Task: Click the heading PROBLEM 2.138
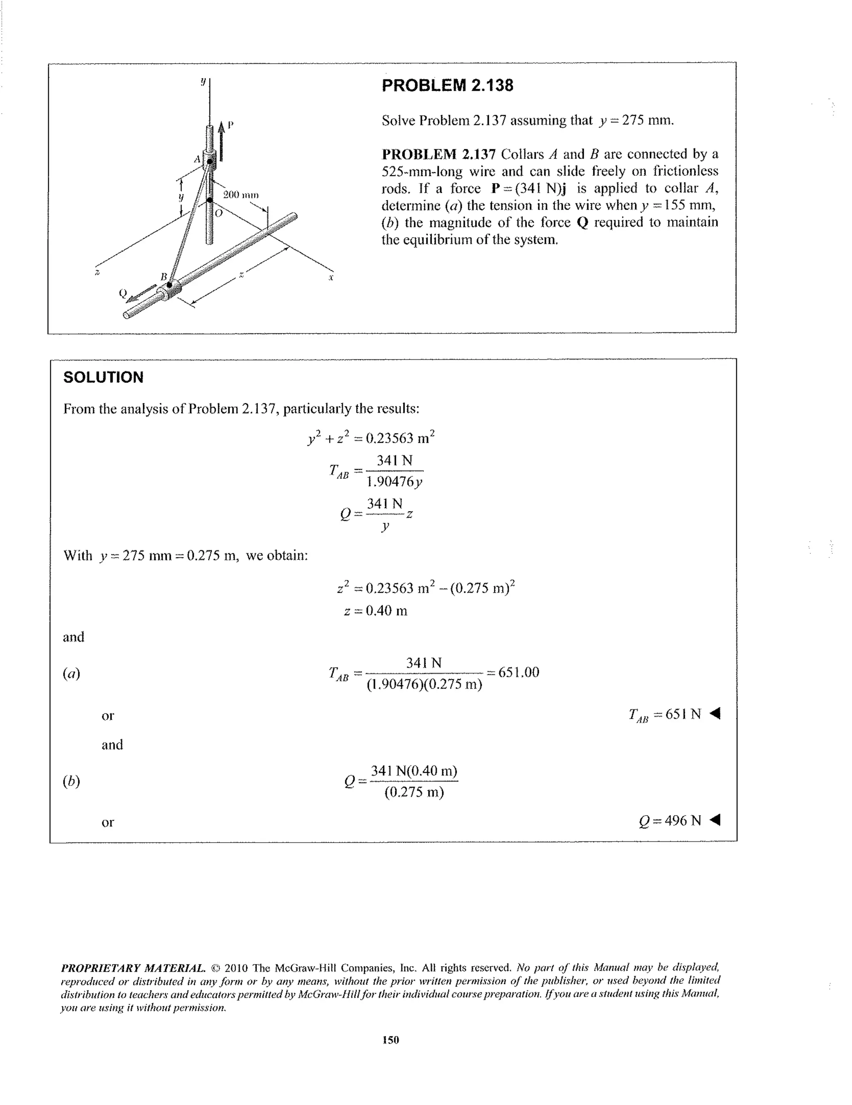[x=447, y=86]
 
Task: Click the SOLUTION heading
[x=103, y=377]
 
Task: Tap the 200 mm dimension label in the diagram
[x=241, y=195]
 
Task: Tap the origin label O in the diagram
[x=219, y=214]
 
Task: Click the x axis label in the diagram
[x=331, y=278]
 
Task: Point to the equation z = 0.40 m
[x=375, y=611]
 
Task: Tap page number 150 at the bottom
[x=390, y=1040]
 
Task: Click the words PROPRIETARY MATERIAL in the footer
[x=133, y=968]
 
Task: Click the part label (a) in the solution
[x=72, y=673]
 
